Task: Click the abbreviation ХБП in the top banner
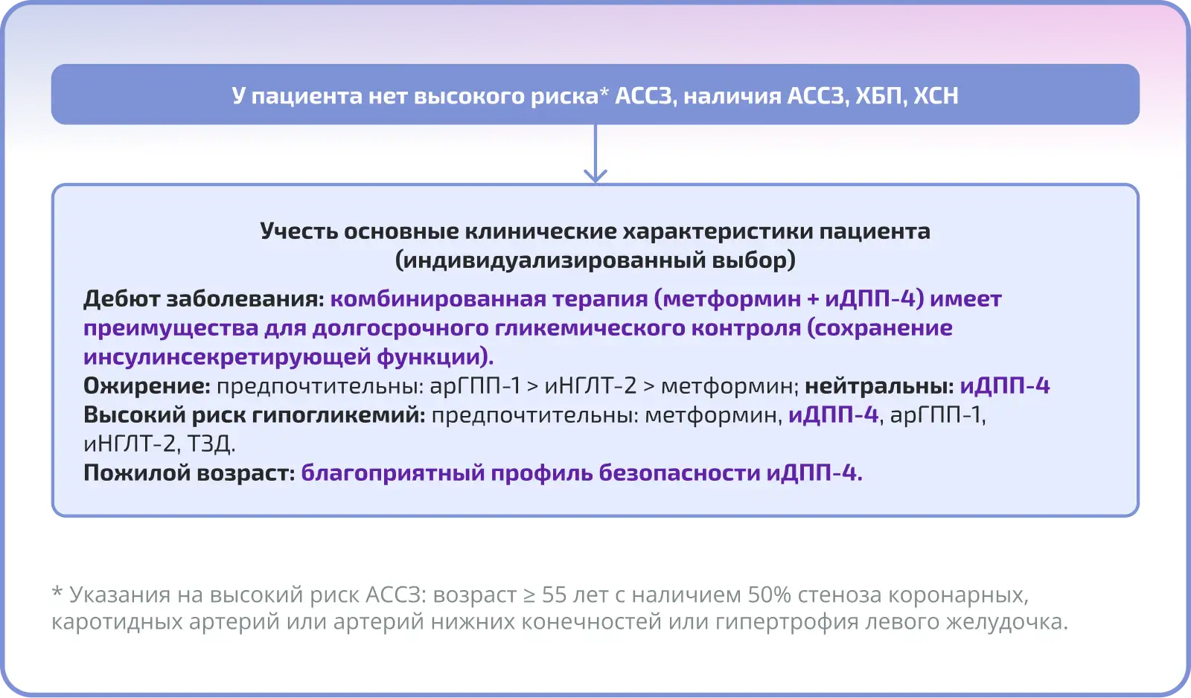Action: pyautogui.click(x=878, y=96)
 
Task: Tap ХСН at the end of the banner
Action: pyautogui.click(x=936, y=96)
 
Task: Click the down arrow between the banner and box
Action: pyautogui.click(x=595, y=154)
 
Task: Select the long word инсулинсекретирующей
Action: pyautogui.click(x=227, y=356)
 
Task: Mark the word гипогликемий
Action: pyautogui.click(x=338, y=414)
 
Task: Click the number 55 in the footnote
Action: pyautogui.click(x=555, y=595)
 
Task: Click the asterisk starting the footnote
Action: pyautogui.click(x=57, y=591)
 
